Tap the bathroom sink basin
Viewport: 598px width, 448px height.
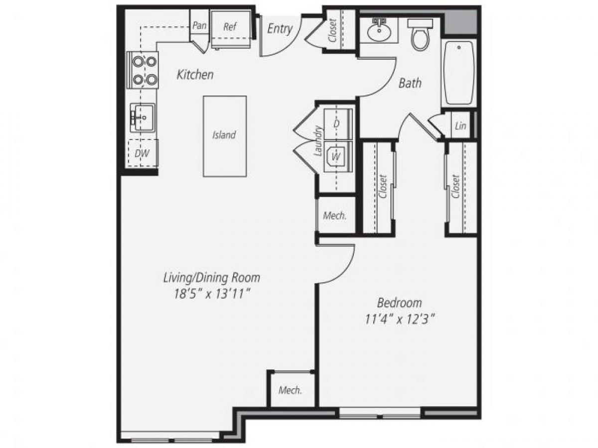point(379,33)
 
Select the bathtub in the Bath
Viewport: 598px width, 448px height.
point(459,73)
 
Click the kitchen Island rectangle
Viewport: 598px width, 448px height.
point(224,135)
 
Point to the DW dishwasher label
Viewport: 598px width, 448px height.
point(143,154)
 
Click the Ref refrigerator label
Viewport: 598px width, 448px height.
point(230,27)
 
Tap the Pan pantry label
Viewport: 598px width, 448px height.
point(199,25)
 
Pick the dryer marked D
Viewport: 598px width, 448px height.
point(337,123)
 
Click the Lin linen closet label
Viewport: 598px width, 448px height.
point(460,126)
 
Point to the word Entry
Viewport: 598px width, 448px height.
point(280,29)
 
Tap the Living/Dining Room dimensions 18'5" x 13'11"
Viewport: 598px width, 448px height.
point(212,294)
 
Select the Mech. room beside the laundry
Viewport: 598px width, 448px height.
point(335,216)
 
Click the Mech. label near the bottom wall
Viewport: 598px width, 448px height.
point(290,390)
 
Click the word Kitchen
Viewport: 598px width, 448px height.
point(195,75)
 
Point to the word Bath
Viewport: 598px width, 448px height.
point(410,83)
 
